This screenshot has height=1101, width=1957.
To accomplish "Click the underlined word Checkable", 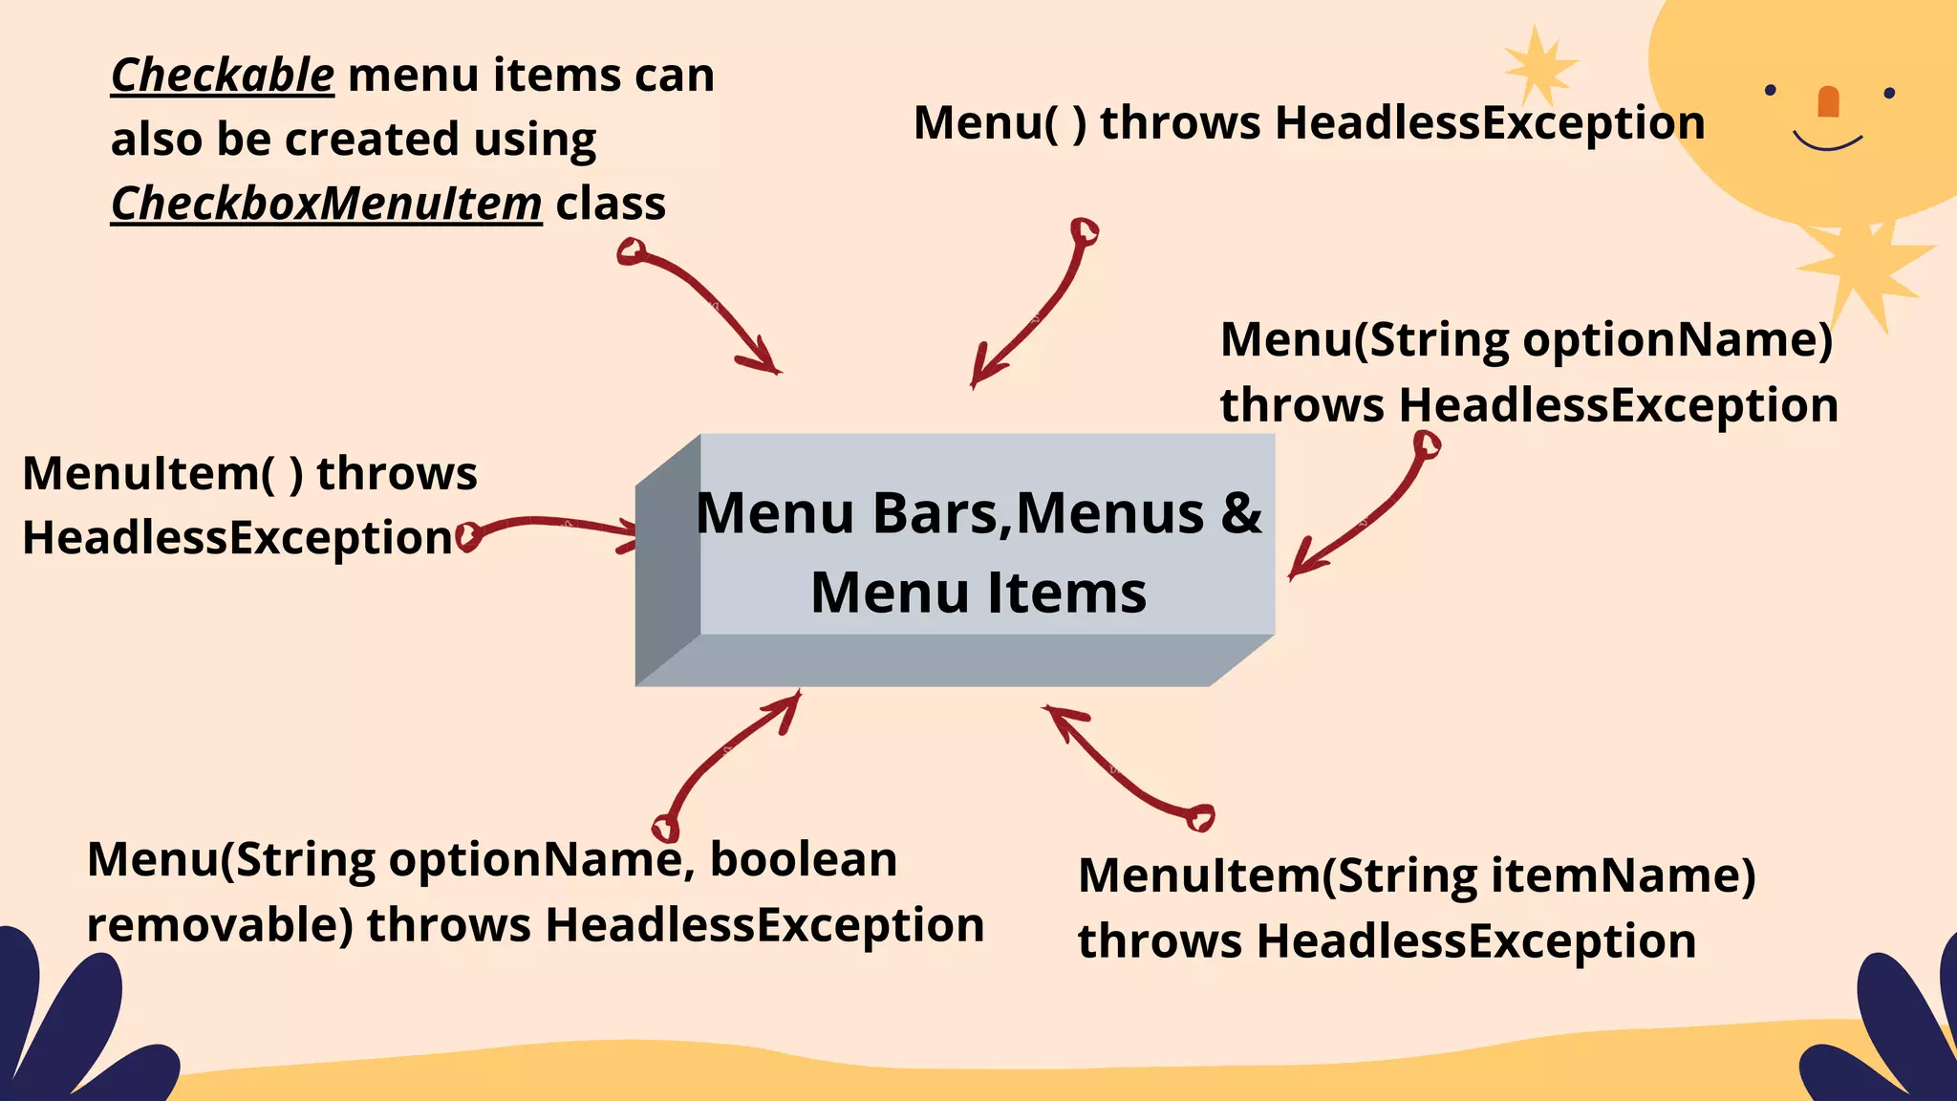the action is click(x=223, y=76).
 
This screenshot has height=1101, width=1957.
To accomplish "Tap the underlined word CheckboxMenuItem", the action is click(x=327, y=204).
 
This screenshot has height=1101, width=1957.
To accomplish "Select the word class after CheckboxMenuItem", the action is click(x=611, y=204).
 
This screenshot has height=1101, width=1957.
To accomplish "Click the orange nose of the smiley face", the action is click(x=1828, y=101).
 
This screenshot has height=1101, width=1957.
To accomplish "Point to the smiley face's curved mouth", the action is click(x=1827, y=143).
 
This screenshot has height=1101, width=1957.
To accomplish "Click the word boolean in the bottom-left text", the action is click(x=804, y=859).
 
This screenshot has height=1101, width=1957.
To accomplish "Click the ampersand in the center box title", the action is click(x=1241, y=513).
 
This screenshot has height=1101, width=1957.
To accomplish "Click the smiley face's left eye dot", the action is click(x=1771, y=90).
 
